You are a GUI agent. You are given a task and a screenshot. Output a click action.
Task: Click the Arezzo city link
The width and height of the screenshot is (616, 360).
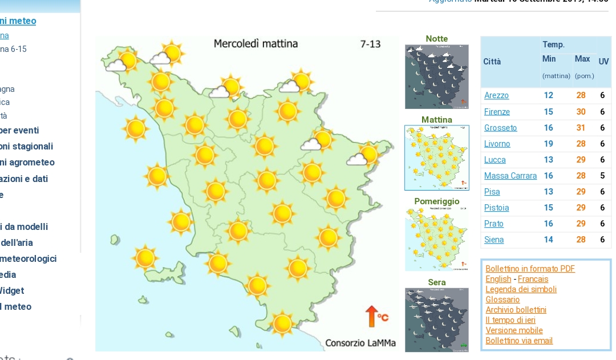pos(496,96)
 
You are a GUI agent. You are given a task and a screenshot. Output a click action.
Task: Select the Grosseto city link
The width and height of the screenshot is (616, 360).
pos(500,128)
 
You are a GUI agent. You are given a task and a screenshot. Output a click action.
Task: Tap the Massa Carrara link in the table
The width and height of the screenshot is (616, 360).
pos(510,176)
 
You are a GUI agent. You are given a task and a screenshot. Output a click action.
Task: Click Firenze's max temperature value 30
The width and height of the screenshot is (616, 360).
pos(581,112)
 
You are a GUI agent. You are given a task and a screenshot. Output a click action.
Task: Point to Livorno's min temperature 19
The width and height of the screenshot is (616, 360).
pos(548,144)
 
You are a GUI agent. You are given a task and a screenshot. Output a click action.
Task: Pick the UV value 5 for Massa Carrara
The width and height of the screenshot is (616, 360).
pos(602,176)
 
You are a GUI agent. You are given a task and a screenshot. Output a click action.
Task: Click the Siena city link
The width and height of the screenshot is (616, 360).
pos(494,240)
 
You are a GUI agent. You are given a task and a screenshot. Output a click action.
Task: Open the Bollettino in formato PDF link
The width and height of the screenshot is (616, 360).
pos(530,269)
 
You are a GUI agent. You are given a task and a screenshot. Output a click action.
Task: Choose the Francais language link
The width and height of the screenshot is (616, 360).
pos(533,279)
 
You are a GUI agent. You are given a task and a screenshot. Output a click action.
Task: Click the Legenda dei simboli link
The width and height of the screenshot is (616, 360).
pos(521,289)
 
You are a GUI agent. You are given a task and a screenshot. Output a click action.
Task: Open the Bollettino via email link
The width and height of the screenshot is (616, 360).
pos(519,341)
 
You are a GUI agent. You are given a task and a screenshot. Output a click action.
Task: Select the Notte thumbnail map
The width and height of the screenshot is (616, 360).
pos(437,76)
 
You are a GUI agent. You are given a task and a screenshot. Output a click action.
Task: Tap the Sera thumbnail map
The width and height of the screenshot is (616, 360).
pos(437,320)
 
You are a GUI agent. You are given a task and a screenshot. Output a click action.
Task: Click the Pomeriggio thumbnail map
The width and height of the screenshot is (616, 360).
pos(437,239)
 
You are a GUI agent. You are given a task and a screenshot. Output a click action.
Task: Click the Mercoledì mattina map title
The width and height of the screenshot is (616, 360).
pos(256,44)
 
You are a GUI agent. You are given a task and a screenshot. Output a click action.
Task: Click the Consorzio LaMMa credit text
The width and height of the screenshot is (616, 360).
pos(360,343)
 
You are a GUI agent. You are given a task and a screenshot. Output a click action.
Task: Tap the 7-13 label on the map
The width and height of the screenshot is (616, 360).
pos(370,44)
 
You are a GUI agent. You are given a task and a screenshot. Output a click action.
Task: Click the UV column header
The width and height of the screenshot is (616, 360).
pos(603,61)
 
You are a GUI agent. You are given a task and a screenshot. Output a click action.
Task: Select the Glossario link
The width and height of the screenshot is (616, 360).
pos(502,300)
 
